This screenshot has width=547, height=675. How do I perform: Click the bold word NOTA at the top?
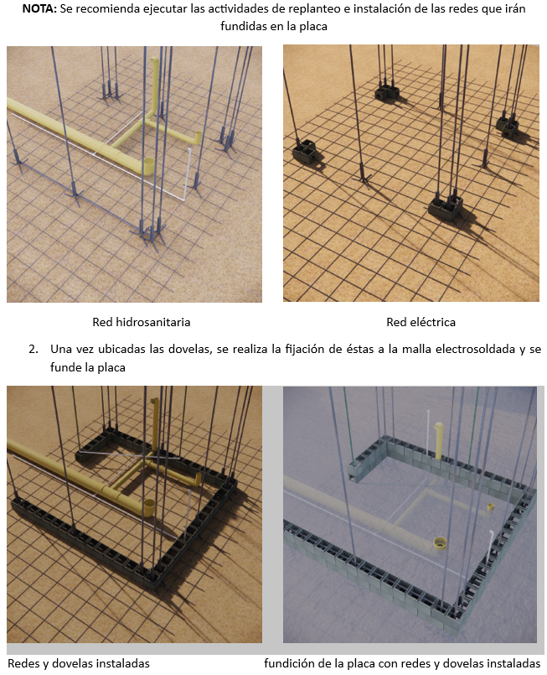point(39,8)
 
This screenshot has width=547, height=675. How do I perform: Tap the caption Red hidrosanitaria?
point(142,322)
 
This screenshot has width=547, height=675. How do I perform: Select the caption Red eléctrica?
point(421,322)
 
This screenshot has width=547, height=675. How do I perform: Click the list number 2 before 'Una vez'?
point(34,349)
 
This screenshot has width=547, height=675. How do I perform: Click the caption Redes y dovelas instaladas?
point(79,663)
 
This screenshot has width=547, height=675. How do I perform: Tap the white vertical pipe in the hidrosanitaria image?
point(188,172)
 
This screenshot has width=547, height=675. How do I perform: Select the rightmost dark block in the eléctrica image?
point(508,125)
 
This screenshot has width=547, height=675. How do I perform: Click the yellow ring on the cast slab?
point(440,543)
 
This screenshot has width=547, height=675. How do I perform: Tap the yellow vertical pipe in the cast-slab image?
point(439,440)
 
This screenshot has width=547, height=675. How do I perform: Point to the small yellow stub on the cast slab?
point(491,506)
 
